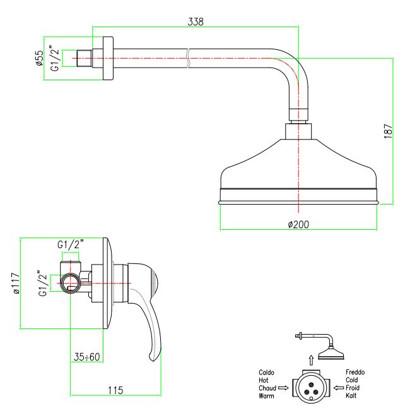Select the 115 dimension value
tap(114, 390)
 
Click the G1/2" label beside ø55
tap(56, 60)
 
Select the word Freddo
tap(356, 373)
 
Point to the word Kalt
tap(352, 396)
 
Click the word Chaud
tap(268, 388)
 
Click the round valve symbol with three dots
tap(310, 384)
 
